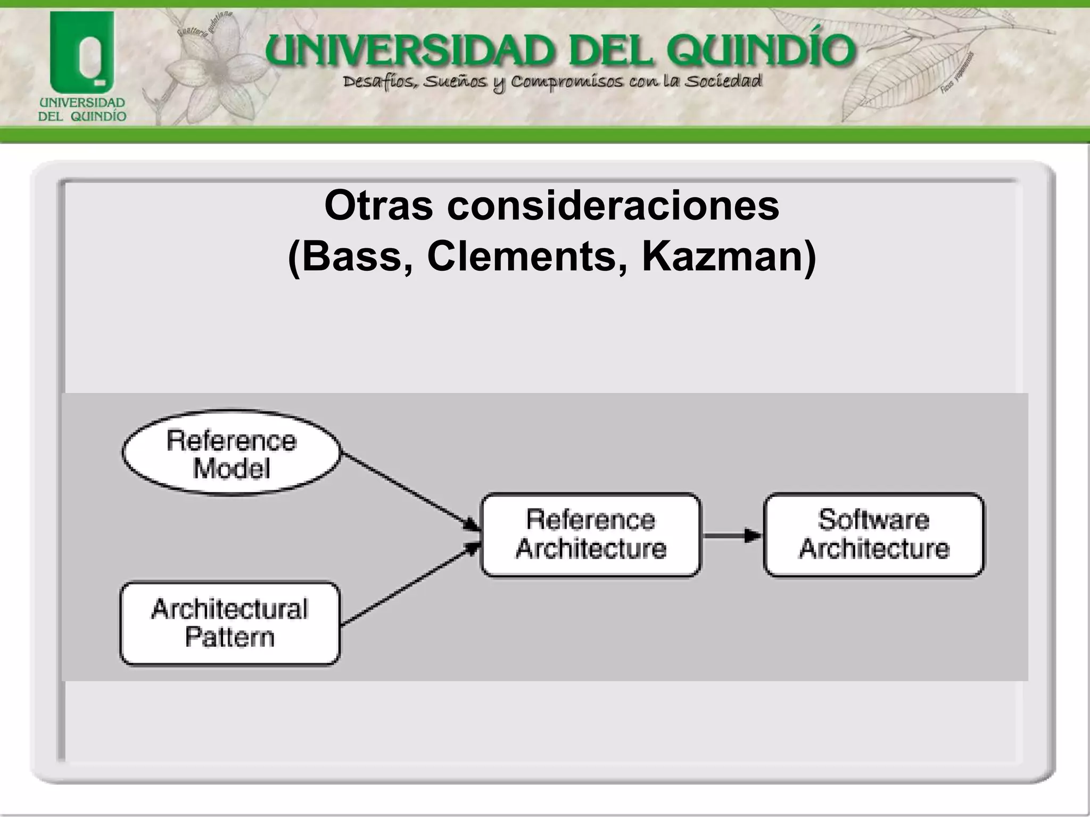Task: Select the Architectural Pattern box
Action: [x=230, y=623]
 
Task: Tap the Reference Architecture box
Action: [x=590, y=535]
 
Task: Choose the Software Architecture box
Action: [x=873, y=535]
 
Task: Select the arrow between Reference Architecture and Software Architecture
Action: [x=732, y=535]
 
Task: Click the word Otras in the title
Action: [x=379, y=206]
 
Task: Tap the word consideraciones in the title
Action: [x=613, y=206]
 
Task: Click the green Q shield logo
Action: [x=82, y=53]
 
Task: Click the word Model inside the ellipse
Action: [x=232, y=469]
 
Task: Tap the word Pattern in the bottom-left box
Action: [x=230, y=637]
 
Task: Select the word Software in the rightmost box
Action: [x=873, y=520]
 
